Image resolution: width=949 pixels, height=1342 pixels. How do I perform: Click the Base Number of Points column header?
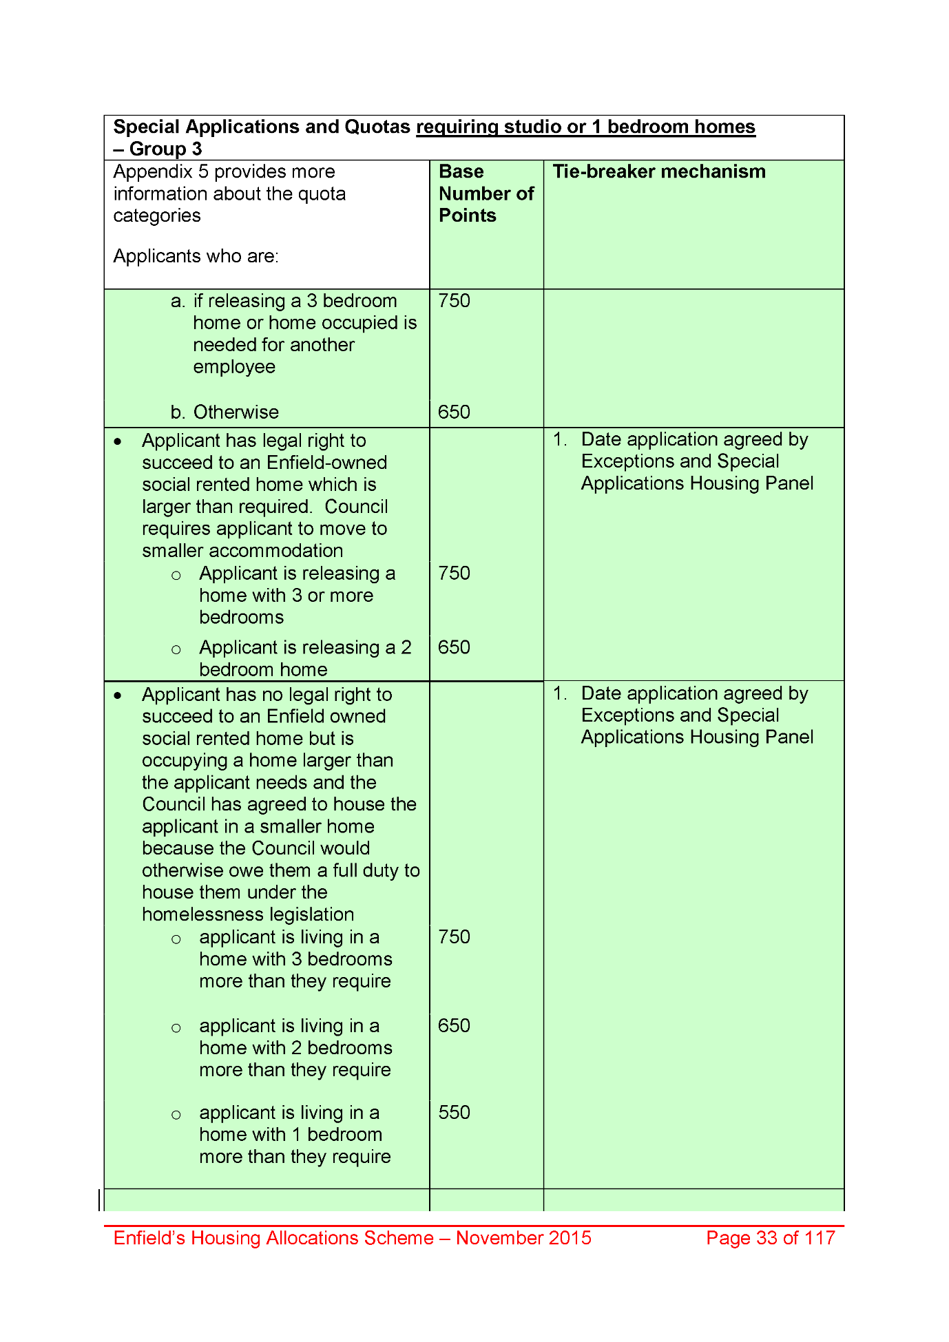pos(486,193)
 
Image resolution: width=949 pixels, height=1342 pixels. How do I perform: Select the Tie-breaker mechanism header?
pos(658,171)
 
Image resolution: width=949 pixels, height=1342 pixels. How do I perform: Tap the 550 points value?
pos(454,1112)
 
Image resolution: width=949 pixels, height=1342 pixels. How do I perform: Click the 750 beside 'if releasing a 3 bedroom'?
pos(454,301)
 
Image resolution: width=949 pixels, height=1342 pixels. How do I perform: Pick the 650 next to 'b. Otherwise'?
pos(454,412)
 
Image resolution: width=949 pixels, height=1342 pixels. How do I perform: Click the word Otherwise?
pos(236,412)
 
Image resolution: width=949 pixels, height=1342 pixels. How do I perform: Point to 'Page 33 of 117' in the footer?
pos(770,1238)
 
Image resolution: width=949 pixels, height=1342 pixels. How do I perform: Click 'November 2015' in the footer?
pos(523,1238)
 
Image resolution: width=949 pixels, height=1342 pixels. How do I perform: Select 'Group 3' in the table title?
pos(165,149)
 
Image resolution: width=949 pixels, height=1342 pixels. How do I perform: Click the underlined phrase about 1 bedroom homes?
pos(585,127)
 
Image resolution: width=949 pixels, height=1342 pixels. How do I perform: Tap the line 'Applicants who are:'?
pos(196,256)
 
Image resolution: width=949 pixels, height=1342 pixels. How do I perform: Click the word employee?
pos(234,367)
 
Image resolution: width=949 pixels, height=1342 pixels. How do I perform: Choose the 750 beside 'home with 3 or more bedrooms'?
pos(454,573)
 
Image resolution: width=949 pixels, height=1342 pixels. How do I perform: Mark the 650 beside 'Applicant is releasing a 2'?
pos(454,647)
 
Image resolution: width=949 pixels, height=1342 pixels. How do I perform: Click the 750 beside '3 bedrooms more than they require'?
pos(454,936)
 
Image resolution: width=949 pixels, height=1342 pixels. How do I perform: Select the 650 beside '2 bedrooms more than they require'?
pos(454,1025)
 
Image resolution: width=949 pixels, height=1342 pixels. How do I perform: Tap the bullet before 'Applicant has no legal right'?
pos(118,695)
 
